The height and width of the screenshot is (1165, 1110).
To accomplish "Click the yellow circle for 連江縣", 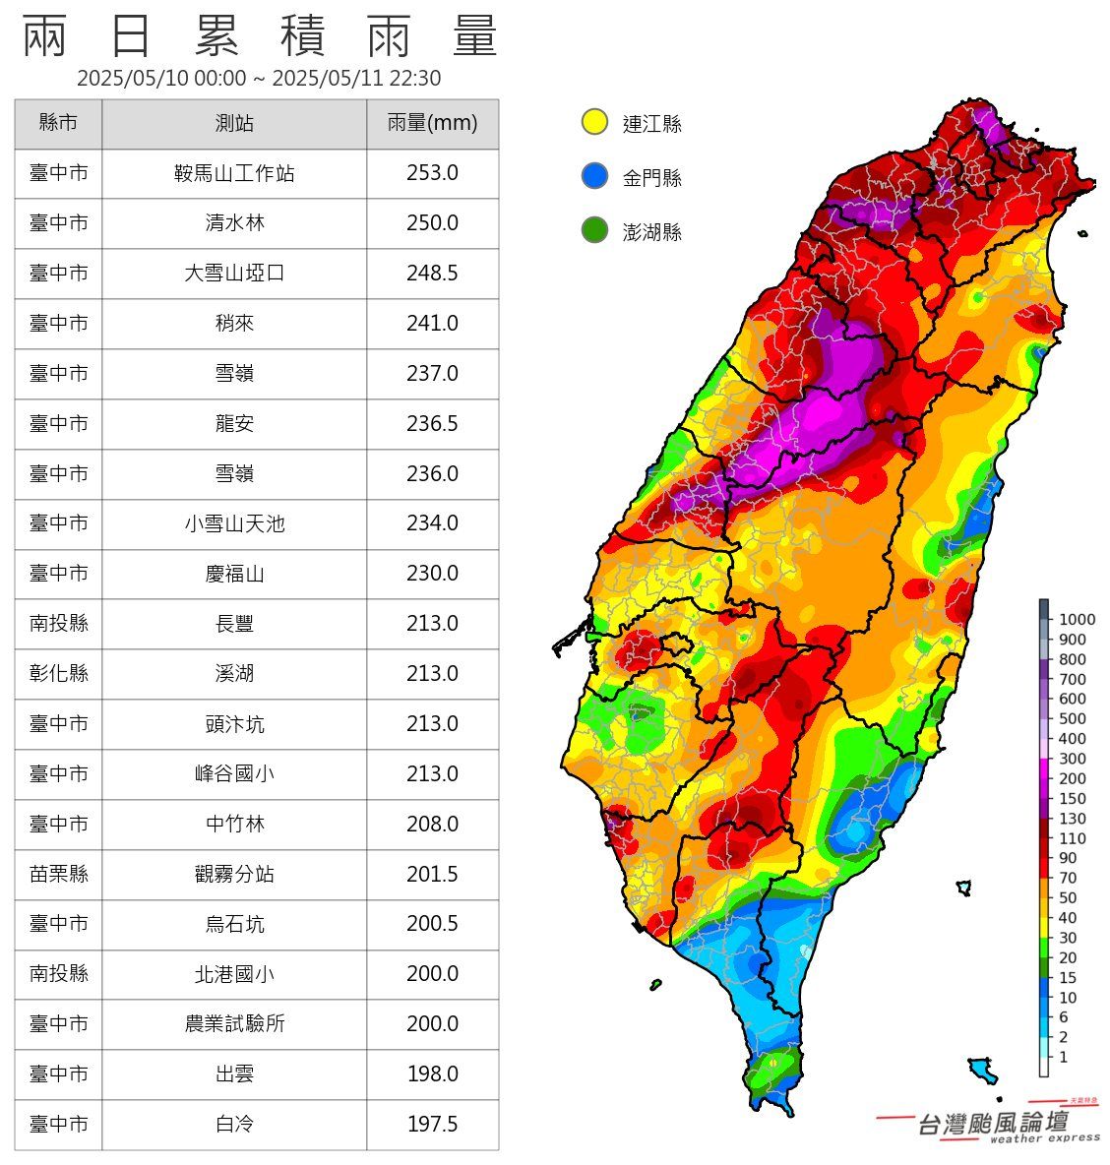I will [594, 122].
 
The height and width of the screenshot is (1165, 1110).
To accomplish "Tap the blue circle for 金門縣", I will [594, 176].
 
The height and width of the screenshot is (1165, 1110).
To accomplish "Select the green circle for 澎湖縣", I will [594, 231].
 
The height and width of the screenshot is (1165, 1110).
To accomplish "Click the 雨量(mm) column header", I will [432, 123].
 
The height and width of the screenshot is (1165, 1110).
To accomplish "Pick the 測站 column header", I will [234, 123].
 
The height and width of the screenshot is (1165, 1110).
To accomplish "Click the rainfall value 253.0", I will [432, 173].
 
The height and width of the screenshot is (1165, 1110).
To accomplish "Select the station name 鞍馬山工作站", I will [234, 174].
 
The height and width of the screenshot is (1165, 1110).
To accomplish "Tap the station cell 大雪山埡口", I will [234, 274].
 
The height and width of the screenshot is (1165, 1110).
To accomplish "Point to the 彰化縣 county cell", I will [58, 673].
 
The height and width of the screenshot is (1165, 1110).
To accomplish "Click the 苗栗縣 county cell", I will [58, 874].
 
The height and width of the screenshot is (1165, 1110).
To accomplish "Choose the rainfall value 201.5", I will [432, 874].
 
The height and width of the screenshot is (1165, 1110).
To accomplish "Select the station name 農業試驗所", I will [234, 1023].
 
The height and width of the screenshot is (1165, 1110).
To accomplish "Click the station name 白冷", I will [234, 1124].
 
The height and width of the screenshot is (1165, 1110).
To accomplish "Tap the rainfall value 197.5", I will [432, 1124].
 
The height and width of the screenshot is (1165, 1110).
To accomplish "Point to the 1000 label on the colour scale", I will [1077, 619].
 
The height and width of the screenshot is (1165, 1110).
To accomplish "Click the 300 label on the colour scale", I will [1072, 759].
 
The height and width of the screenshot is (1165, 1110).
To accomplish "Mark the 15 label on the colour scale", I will [1068, 978].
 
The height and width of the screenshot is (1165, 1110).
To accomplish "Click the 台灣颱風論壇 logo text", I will [992, 1123].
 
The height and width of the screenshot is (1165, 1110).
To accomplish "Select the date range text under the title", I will [259, 79].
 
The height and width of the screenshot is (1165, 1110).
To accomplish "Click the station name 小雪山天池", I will [234, 523].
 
